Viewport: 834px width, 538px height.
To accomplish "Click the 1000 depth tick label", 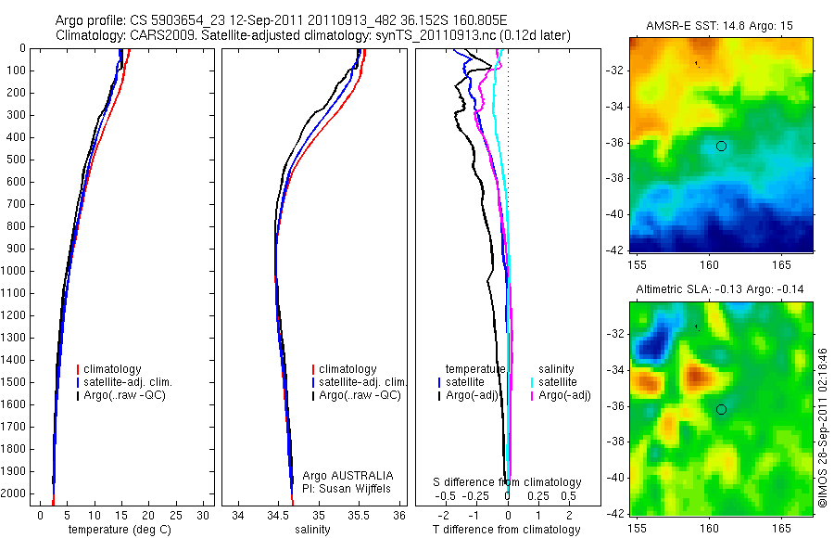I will point(15,271).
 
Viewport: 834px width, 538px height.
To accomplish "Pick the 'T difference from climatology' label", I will point(506,530).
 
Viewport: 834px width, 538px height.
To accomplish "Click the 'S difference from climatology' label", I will point(507,482).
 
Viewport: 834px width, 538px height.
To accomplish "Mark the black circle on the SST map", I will point(721,146).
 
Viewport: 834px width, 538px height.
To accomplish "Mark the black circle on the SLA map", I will point(721,409).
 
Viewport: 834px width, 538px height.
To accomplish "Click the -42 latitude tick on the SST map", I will point(616,250).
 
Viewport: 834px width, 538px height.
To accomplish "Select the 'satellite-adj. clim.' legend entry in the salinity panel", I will point(362,382).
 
